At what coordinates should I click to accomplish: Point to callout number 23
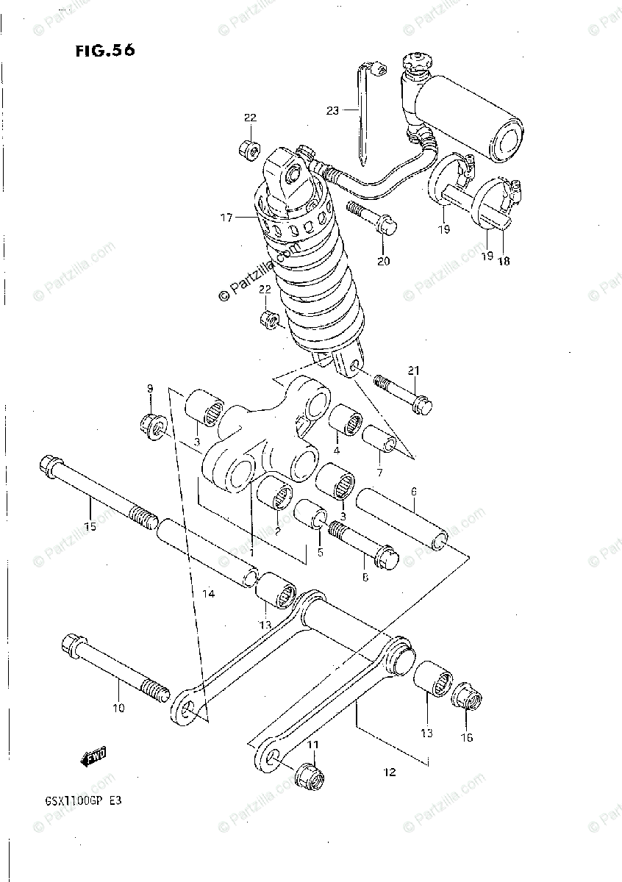click(x=333, y=110)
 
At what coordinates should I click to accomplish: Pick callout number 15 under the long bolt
click(x=90, y=526)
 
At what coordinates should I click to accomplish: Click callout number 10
click(x=119, y=708)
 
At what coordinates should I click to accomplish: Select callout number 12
click(x=390, y=772)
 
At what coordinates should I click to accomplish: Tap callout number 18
click(x=503, y=260)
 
